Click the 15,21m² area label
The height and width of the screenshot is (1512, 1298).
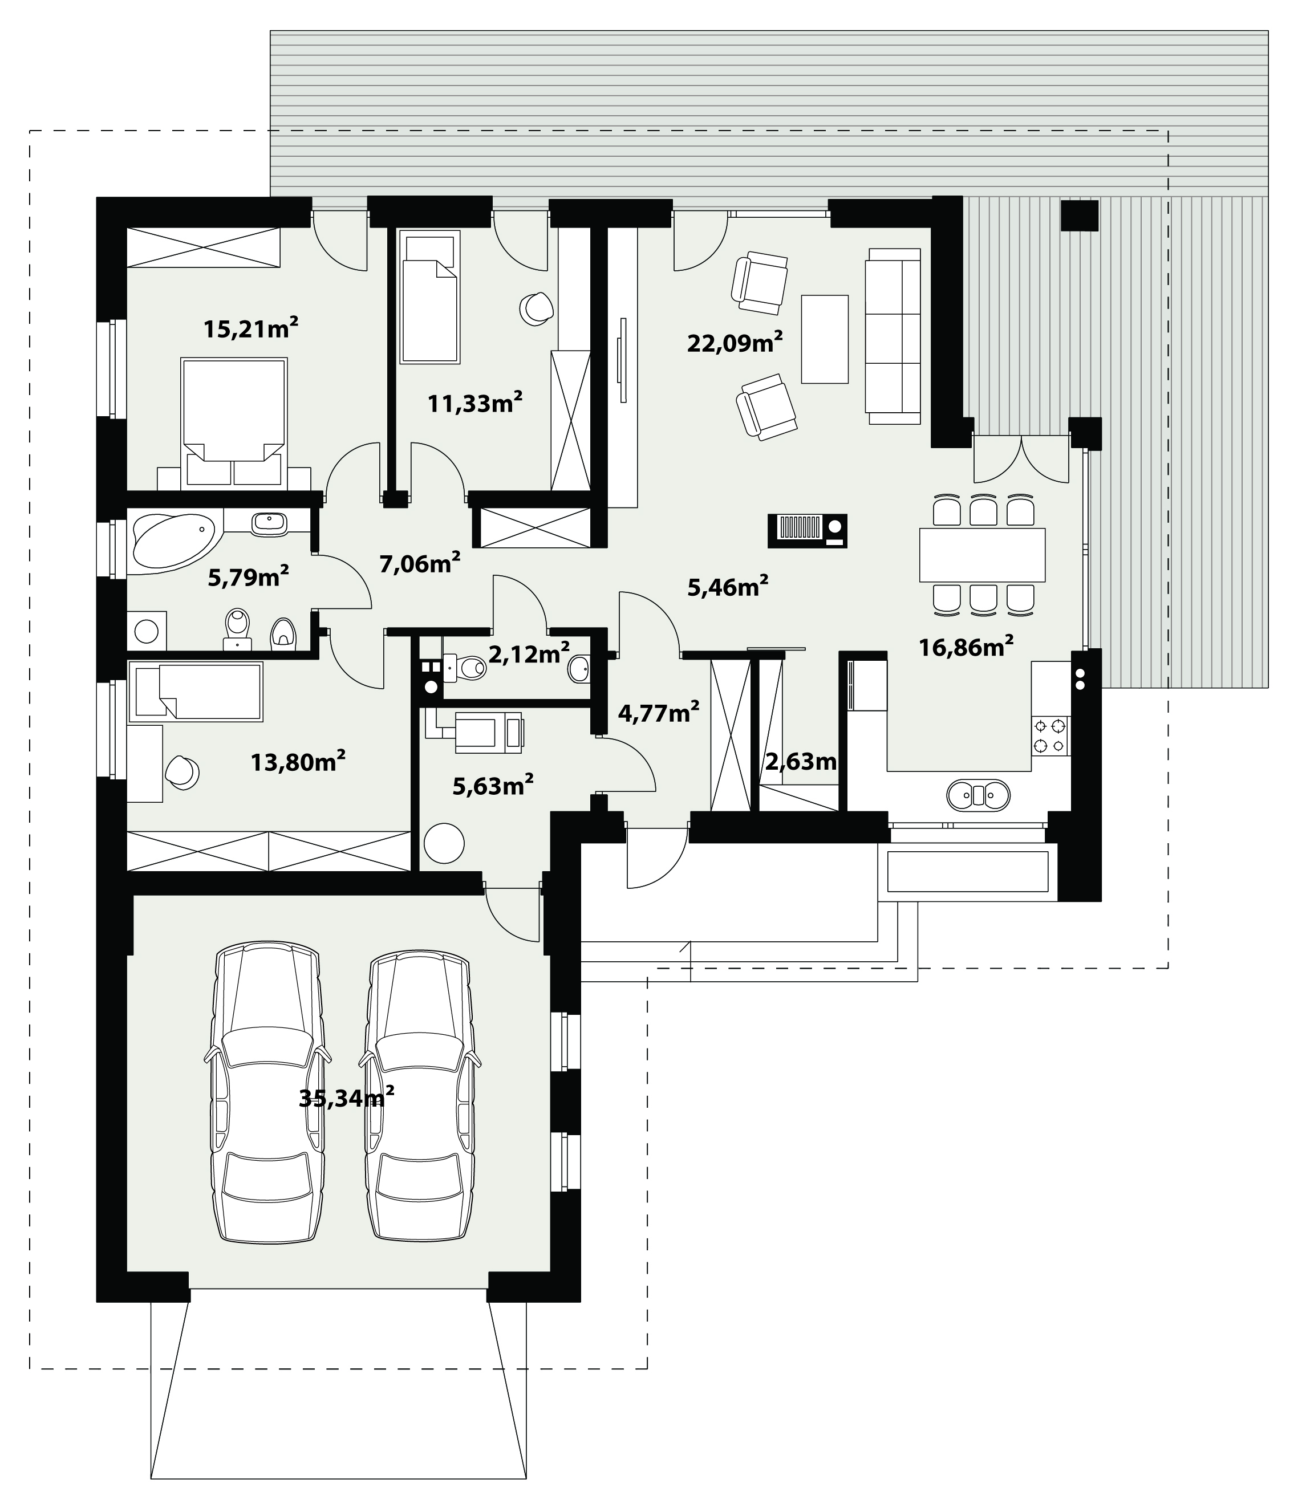(x=251, y=328)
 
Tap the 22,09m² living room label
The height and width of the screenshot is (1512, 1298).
(x=735, y=342)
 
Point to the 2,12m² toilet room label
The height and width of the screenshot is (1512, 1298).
(x=529, y=654)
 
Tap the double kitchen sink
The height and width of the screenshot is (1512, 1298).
(x=978, y=795)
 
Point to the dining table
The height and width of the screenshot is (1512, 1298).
(x=982, y=555)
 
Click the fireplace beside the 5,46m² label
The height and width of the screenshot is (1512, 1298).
(x=808, y=531)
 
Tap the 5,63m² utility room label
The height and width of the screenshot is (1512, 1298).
(x=493, y=785)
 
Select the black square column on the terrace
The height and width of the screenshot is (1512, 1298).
(x=1079, y=216)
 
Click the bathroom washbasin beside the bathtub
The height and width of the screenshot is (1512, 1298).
(x=269, y=523)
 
